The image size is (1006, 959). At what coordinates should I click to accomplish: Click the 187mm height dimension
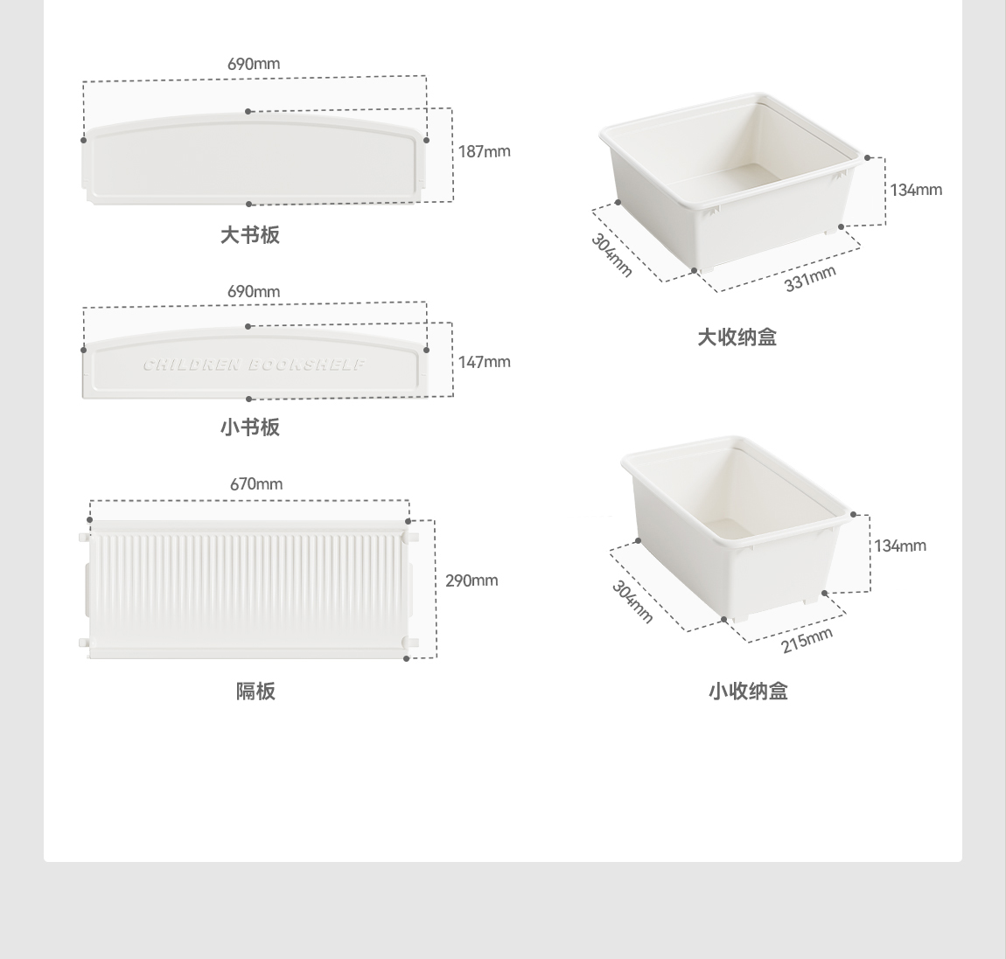point(484,151)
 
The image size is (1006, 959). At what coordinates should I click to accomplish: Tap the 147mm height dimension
point(484,362)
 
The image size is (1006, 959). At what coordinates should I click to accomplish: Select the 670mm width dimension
point(256,483)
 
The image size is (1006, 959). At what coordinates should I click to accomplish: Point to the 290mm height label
point(472,580)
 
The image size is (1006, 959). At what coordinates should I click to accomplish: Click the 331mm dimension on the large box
point(810,278)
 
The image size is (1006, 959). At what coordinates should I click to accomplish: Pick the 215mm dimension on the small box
point(807,640)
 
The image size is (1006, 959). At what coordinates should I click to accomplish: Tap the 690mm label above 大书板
point(254,64)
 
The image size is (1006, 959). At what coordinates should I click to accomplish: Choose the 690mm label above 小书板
point(254,291)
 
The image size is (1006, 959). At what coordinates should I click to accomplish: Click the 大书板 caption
point(250,235)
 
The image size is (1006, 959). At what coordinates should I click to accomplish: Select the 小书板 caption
point(250,427)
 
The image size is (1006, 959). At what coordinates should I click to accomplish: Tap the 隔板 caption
point(255,691)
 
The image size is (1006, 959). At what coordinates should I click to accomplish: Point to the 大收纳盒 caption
point(737,337)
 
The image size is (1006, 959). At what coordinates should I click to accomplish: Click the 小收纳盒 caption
point(748,691)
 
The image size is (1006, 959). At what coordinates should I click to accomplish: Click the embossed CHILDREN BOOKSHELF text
point(254,365)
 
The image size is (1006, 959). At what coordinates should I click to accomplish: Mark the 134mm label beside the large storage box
point(916,190)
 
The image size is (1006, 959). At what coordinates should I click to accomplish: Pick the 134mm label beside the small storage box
point(899,546)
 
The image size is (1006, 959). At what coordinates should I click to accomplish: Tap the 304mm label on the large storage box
point(611,255)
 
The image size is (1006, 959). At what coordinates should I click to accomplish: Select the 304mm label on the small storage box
point(632,601)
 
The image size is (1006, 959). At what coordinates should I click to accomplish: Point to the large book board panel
point(254,162)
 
